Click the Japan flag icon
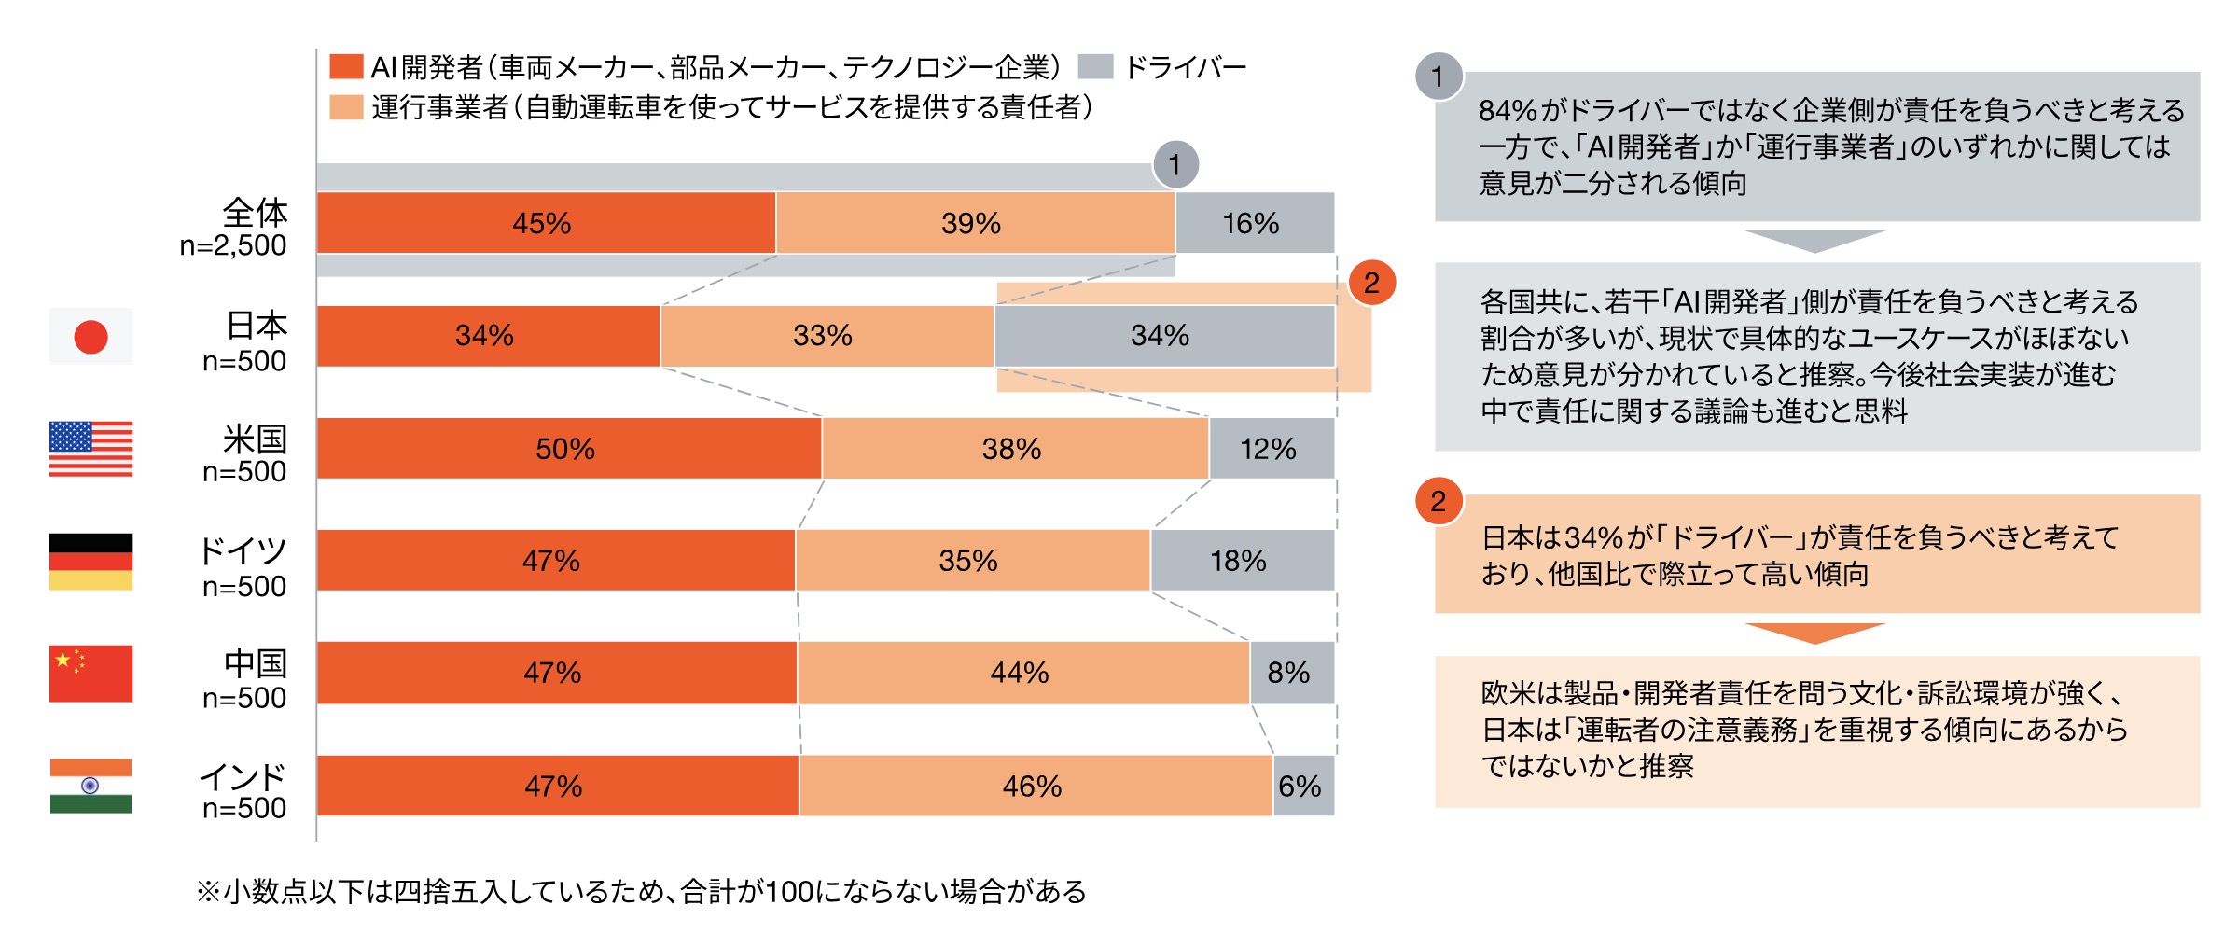coord(90,336)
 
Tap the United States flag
coord(90,449)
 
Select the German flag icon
coord(90,562)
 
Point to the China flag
coord(90,673)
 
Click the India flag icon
coord(90,786)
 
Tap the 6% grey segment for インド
coord(1303,786)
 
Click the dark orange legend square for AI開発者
coord(346,66)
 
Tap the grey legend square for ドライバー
coord(1095,66)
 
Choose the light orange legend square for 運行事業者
coord(346,107)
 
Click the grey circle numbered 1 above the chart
coord(1175,165)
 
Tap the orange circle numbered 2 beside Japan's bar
coord(1371,283)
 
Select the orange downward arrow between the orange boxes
coord(1814,634)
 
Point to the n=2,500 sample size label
coord(233,245)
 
